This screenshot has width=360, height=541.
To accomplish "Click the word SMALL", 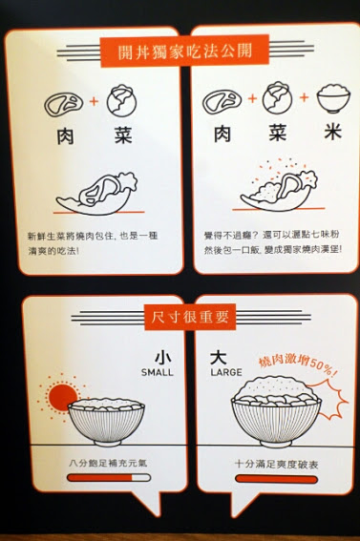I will (x=157, y=372).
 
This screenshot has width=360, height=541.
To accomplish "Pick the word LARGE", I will (x=226, y=372).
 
